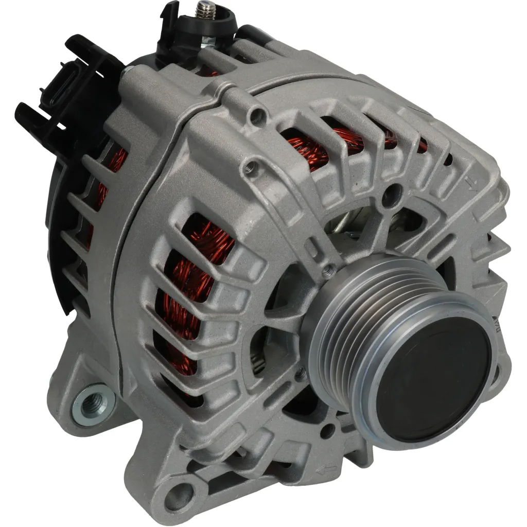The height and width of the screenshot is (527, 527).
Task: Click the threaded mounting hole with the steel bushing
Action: click(93, 401)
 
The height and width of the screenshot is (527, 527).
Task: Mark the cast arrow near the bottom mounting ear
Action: click(327, 469)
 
